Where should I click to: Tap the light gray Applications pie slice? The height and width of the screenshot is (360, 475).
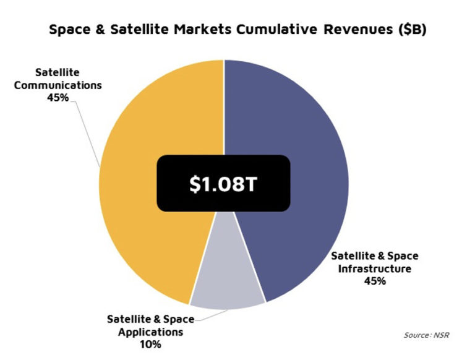pos(226,285)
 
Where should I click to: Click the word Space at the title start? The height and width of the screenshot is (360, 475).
pos(70,30)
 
